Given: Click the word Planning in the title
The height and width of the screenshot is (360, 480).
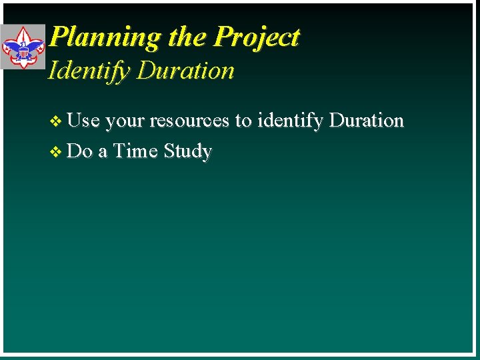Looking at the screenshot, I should (x=106, y=37).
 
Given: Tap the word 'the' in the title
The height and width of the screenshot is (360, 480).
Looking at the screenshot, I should (x=187, y=37).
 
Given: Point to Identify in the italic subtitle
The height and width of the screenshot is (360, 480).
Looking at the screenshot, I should (x=89, y=71).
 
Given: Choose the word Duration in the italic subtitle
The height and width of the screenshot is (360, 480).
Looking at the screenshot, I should (x=185, y=71).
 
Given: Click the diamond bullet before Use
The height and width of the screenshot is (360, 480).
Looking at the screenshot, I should (x=56, y=121).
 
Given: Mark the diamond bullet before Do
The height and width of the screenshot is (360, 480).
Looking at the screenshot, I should (x=56, y=152).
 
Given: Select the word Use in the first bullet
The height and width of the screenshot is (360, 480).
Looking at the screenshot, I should (x=83, y=121).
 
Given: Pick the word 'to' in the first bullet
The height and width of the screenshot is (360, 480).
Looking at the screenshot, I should (x=243, y=121).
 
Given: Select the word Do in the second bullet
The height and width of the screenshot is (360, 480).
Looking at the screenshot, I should (x=80, y=151).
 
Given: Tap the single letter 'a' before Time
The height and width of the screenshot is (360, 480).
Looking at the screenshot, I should (x=103, y=152).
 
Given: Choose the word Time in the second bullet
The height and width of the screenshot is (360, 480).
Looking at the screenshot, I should (x=135, y=151).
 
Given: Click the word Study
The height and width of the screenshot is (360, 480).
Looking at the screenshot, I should (x=187, y=152).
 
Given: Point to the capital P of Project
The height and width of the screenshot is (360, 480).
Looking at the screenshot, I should (x=223, y=37).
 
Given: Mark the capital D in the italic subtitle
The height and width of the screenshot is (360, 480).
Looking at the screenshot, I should (x=145, y=71).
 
